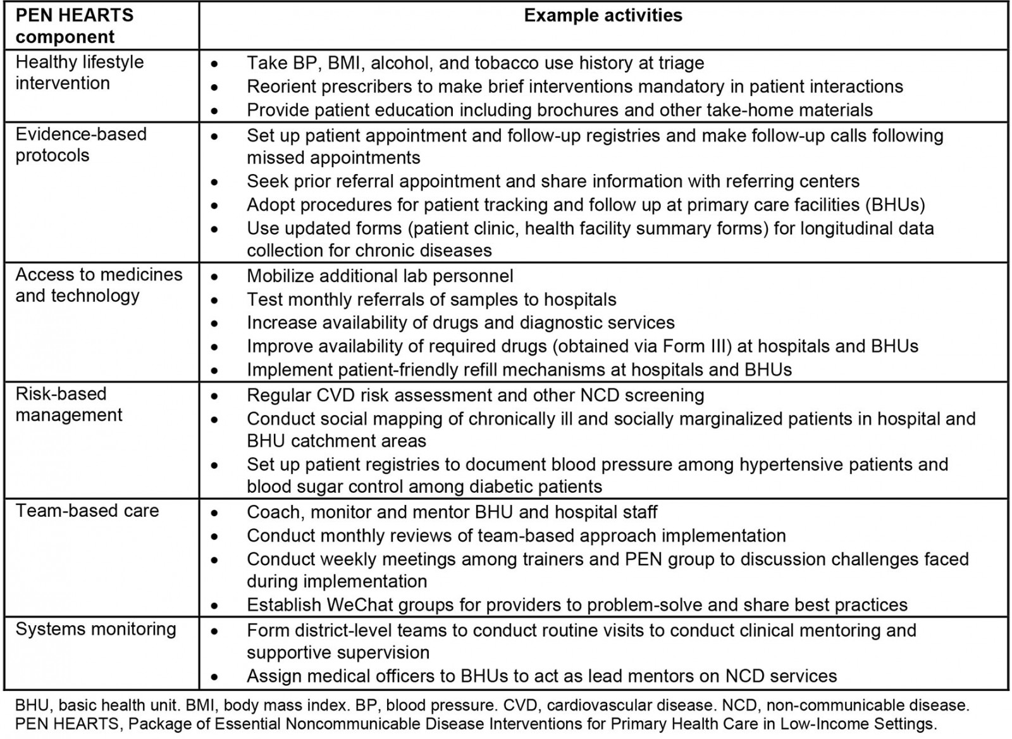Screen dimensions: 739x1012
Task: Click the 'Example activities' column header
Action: click(x=603, y=16)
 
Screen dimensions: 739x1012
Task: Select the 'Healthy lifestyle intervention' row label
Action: click(x=80, y=73)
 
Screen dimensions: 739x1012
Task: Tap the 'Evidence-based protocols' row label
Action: click(x=81, y=145)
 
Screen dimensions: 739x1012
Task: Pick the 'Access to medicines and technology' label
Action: click(x=99, y=285)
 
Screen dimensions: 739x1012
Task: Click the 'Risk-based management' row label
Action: click(x=69, y=404)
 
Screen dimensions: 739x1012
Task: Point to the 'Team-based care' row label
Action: click(x=87, y=511)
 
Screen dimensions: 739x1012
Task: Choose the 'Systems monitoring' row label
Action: click(x=96, y=629)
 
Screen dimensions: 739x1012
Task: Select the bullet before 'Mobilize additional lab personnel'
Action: click(x=215, y=276)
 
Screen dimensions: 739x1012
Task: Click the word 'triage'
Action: click(x=677, y=63)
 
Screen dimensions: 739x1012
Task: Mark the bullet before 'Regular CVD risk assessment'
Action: click(x=215, y=396)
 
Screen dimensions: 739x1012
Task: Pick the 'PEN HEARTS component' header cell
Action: click(x=75, y=26)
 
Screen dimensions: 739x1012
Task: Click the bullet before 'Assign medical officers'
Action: click(x=215, y=677)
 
